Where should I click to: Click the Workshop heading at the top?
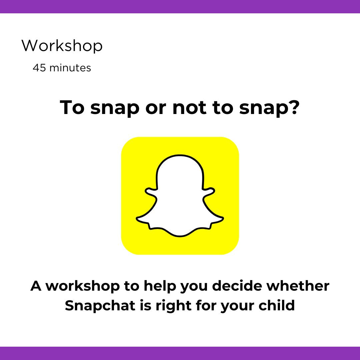[62, 46]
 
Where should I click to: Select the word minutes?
[70, 68]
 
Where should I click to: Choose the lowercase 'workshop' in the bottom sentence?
[83, 286]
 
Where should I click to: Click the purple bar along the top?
[180, 6]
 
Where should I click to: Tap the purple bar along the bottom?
[180, 353]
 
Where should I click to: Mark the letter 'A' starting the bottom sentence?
[36, 286]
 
